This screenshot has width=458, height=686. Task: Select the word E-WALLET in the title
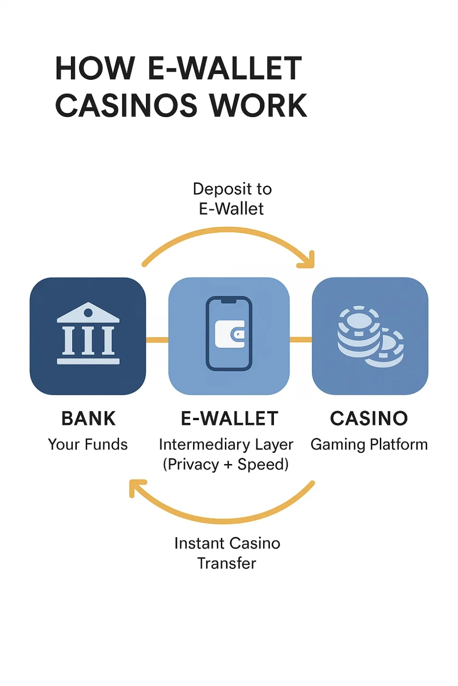pos(225,69)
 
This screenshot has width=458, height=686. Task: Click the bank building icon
pos(88,334)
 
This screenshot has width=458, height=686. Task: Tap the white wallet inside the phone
pos(230,334)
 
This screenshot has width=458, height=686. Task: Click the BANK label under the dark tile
pos(88,418)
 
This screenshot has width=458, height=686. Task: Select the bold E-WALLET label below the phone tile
pos(229,418)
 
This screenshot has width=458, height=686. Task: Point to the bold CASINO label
pos(369,418)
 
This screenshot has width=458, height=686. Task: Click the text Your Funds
pos(88,444)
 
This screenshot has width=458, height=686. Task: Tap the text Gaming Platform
pos(369,444)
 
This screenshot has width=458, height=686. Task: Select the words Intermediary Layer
pos(226,444)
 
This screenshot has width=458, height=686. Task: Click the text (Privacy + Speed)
pos(226,465)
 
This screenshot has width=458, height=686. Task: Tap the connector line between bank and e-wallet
pos(157,339)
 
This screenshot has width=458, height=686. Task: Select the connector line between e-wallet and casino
pos(301,339)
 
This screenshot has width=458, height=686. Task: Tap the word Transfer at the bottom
pos(227,563)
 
